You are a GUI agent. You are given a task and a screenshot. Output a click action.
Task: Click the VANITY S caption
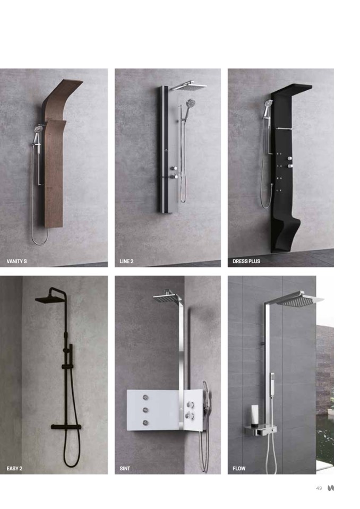pos(16,261)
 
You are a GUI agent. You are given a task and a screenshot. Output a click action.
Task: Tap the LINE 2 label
pos(126,261)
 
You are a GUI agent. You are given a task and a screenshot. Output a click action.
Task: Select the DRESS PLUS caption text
pos(246,261)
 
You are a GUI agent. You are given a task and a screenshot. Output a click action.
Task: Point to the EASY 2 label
pos(15,469)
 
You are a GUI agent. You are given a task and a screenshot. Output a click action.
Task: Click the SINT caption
pos(125,469)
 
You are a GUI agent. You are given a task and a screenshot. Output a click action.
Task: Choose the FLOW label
pos(239,469)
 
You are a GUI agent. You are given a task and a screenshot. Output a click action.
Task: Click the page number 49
pos(319,488)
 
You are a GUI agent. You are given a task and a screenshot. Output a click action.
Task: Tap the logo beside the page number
pos(331,488)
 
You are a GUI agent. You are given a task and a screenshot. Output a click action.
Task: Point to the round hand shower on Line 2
pos(190,103)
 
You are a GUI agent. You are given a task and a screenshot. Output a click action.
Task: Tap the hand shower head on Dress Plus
pos(269,103)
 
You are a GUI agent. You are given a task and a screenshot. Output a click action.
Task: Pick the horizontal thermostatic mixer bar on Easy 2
pos(66,427)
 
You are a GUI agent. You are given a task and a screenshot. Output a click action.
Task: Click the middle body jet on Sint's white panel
pos(145,410)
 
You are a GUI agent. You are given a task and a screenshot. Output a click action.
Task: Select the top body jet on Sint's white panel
pos(145,398)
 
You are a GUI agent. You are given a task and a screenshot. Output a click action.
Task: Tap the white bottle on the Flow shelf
pos(254,415)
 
